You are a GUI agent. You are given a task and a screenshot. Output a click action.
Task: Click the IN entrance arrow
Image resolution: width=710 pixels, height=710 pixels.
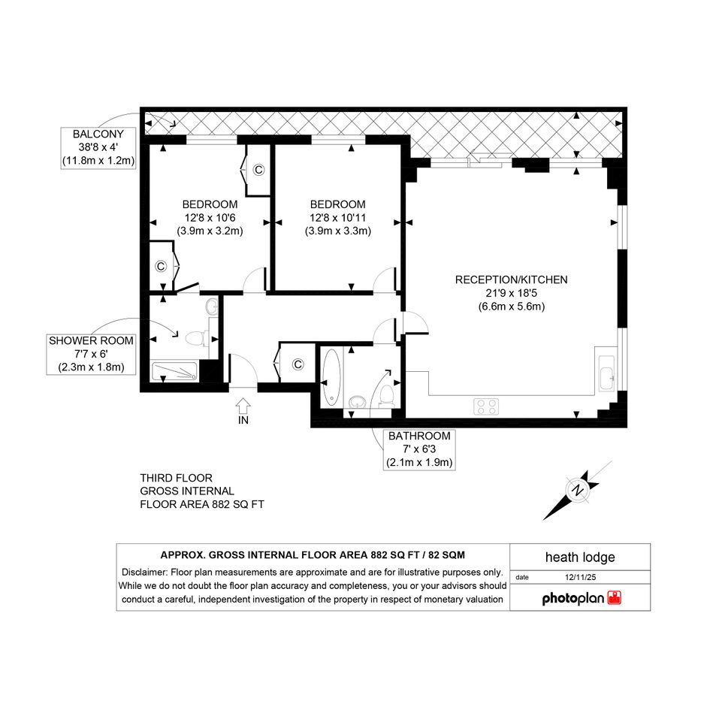coord(243,405)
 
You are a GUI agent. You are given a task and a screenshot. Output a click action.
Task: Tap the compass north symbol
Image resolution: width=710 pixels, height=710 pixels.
coord(577,491)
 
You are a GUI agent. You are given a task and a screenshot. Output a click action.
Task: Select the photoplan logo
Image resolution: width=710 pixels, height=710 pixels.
coord(582,598)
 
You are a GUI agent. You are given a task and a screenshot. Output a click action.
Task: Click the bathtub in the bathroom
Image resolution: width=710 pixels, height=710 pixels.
coord(331,376)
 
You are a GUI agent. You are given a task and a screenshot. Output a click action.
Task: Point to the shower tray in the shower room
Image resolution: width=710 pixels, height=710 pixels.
coord(174,371)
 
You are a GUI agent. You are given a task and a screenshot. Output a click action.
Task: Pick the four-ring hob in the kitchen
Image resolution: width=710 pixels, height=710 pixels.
coord(486,406)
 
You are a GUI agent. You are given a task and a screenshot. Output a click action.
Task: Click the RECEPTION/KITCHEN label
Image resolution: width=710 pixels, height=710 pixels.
coord(511,279)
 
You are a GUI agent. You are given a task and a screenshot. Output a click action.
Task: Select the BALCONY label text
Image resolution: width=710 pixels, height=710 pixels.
coord(98,134)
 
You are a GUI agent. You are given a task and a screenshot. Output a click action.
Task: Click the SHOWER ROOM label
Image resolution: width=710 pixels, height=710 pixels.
coord(91,340)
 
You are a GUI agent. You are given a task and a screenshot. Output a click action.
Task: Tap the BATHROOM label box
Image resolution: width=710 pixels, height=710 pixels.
coord(419,449)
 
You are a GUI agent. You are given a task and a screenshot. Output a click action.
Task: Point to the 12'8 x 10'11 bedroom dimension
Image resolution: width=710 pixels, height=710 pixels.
coord(338,217)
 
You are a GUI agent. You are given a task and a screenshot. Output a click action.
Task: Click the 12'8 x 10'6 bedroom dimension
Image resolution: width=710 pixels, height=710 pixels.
coord(210,217)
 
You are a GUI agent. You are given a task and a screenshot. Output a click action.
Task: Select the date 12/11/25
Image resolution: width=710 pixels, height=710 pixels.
coord(581,577)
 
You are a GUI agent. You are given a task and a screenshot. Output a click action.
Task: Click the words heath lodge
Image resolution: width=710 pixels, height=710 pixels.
coord(580,557)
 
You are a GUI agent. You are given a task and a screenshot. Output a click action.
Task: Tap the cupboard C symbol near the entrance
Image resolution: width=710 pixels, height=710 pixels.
coord(298,364)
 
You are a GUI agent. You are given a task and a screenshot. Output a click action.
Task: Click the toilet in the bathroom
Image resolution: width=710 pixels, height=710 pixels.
coord(386,395)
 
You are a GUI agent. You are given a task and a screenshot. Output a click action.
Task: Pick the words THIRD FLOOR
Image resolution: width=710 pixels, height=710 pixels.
coord(176,478)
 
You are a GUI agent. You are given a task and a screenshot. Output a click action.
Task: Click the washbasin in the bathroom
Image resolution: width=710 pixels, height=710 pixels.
coord(358,401)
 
